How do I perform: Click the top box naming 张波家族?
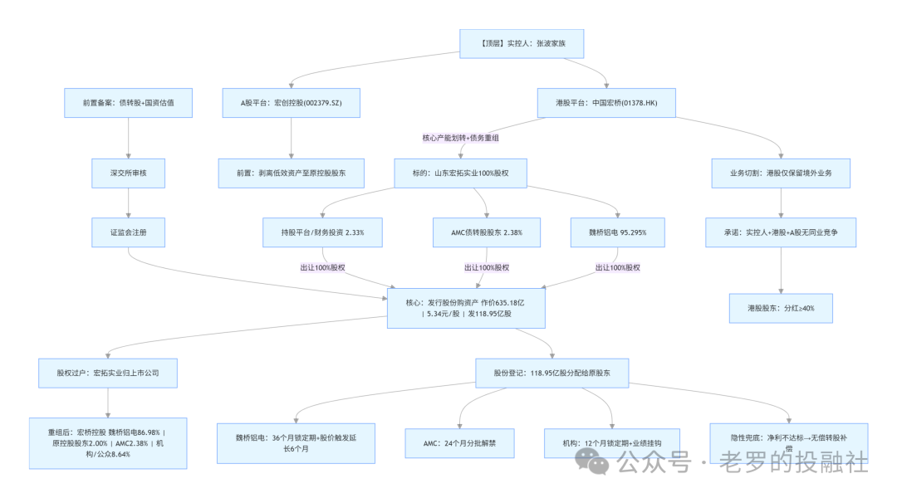point(522,43)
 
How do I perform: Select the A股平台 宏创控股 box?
point(291,103)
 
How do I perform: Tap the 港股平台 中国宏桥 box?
point(605,103)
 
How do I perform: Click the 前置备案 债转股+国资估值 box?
point(128,103)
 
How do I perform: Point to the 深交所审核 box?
point(128,173)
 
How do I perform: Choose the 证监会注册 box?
point(128,232)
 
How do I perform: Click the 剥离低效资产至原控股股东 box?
point(291,173)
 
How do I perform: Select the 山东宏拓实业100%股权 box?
point(460,173)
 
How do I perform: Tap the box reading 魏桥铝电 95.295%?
point(618,232)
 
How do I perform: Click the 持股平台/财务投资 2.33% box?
point(323,232)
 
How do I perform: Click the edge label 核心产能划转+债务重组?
point(466,138)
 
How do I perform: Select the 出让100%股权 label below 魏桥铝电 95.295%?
point(618,267)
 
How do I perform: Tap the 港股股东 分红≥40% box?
point(781,308)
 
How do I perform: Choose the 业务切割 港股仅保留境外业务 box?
point(781,173)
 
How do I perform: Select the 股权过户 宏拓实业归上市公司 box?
point(109,373)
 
